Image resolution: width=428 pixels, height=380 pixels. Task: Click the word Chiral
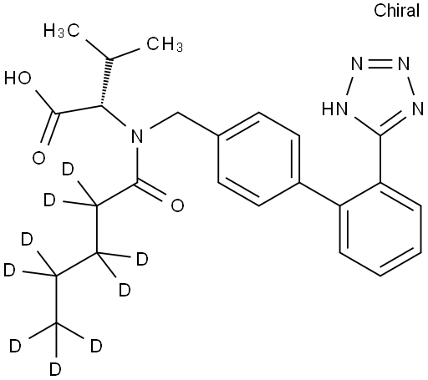(x=396, y=11)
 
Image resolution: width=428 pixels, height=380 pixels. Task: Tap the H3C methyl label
(x=62, y=30)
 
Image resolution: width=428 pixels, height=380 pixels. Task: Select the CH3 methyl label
(x=165, y=44)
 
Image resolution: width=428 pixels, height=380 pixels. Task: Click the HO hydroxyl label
(x=18, y=78)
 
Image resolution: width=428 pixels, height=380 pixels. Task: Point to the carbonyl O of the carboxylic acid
(x=38, y=158)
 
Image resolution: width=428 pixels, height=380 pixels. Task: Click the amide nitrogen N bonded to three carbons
(x=137, y=136)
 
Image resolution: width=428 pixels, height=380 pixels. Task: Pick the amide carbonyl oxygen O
(x=177, y=205)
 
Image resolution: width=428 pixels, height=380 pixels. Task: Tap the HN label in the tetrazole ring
(x=335, y=109)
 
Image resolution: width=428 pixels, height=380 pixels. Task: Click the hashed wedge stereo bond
(x=105, y=83)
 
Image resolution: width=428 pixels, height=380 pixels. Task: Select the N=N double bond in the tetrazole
(x=380, y=64)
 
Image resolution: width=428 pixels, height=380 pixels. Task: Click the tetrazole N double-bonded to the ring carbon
(x=417, y=109)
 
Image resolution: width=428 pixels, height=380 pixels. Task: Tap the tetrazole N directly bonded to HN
(x=357, y=64)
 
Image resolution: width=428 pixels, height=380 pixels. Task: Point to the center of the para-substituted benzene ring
(x=259, y=160)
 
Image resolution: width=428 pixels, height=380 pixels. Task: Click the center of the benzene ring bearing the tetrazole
(x=380, y=230)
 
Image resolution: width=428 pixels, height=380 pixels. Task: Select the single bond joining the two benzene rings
(x=319, y=195)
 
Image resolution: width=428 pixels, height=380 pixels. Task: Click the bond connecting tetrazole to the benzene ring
(x=380, y=160)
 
